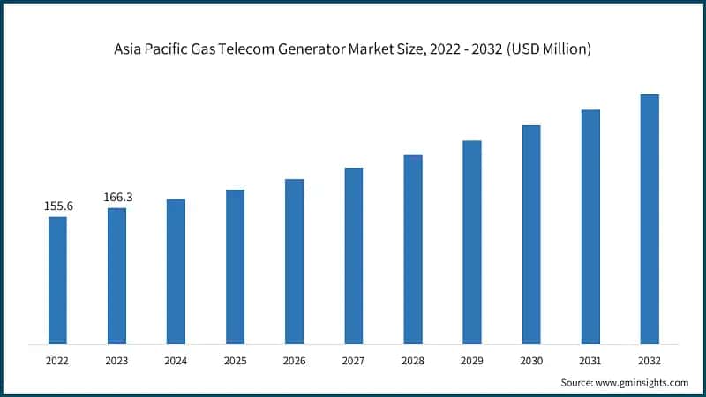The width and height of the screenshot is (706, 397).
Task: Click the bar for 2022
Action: (57, 280)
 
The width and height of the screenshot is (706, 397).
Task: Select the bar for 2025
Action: (235, 266)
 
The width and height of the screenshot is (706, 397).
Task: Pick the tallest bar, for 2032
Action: (650, 219)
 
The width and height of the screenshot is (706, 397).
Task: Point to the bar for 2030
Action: (531, 234)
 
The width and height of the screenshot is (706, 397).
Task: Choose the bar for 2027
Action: (354, 255)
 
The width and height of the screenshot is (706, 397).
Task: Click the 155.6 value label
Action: (58, 206)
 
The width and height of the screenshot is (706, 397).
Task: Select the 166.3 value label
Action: (117, 197)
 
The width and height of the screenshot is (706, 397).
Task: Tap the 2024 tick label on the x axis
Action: (176, 360)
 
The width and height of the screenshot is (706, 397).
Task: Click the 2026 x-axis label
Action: (294, 360)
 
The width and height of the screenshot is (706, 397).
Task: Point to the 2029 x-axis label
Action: (472, 360)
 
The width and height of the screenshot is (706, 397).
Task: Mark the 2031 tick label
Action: (590, 360)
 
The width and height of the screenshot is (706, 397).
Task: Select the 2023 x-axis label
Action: (116, 360)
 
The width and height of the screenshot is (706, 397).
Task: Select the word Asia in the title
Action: (130, 50)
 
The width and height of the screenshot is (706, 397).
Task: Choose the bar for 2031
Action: (590, 226)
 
